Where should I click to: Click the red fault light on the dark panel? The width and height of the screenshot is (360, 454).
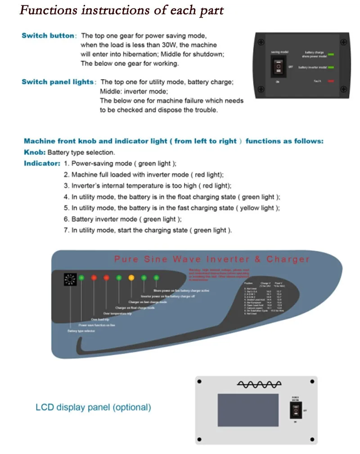[x=331, y=81]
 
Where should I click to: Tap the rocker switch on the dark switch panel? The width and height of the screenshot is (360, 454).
[x=278, y=67]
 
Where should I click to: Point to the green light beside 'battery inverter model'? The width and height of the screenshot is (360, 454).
[x=332, y=67]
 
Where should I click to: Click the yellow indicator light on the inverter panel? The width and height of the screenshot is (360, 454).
[x=131, y=277]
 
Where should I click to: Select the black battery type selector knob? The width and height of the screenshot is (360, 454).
[x=70, y=281]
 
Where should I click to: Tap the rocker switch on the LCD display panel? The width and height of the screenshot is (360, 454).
[x=296, y=410]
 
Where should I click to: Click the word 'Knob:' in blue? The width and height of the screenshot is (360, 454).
[x=34, y=152]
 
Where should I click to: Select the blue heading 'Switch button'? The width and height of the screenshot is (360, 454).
[x=48, y=36]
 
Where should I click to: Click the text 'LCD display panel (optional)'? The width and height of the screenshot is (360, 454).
[x=93, y=407]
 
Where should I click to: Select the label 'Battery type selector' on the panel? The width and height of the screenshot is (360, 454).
[x=81, y=331]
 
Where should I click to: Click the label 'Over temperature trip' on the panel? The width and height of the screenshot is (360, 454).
[x=117, y=313]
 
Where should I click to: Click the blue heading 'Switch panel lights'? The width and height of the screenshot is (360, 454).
[x=58, y=82]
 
